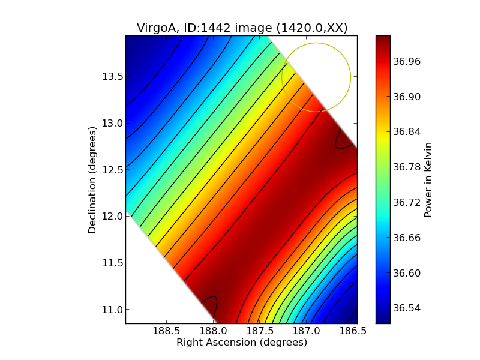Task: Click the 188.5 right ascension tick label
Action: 167,331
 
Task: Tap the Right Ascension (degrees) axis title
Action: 242,343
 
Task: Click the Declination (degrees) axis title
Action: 92,180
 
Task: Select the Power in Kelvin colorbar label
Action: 428,179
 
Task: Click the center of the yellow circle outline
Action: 316,77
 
